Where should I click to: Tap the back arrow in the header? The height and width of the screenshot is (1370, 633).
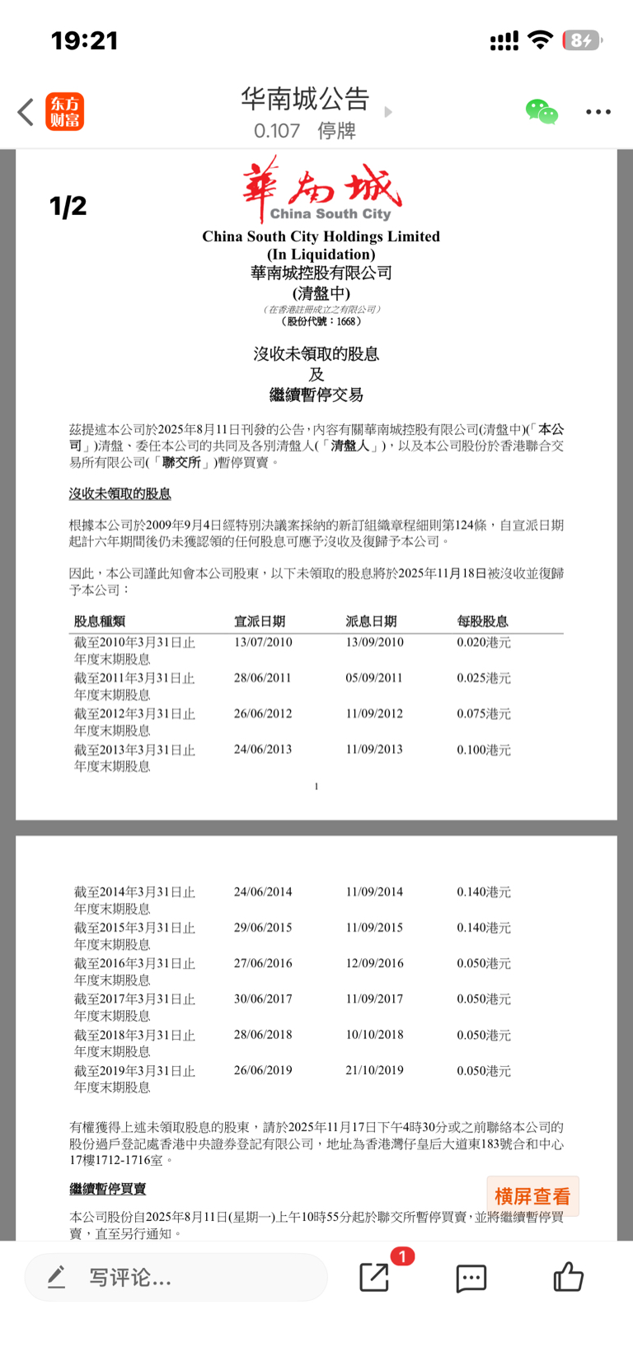(26, 112)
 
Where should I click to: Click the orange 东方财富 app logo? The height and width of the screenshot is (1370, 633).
(64, 112)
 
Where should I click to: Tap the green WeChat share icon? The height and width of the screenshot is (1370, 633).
(542, 111)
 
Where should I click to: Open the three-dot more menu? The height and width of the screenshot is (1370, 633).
(598, 112)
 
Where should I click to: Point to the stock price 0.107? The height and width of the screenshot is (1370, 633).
(277, 131)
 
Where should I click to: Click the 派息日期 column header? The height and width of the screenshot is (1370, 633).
(371, 621)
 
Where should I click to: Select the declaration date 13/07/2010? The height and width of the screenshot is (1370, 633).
(263, 643)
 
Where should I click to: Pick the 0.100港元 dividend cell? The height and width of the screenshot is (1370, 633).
(484, 750)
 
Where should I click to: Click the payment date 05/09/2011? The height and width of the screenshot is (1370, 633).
(374, 678)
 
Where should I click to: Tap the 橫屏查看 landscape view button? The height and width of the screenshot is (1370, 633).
(532, 1196)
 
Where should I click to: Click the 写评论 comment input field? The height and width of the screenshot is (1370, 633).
(176, 1278)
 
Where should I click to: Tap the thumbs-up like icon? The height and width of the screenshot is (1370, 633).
(568, 1278)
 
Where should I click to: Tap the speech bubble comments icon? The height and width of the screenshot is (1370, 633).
(471, 1278)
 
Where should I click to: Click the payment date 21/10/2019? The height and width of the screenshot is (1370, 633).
(374, 1070)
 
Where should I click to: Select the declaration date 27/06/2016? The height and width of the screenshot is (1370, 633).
(263, 963)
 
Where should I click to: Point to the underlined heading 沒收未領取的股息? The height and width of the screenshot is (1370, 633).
(120, 493)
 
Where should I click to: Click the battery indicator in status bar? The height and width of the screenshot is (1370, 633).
(582, 40)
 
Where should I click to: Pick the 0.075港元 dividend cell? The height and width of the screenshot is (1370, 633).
(484, 714)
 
